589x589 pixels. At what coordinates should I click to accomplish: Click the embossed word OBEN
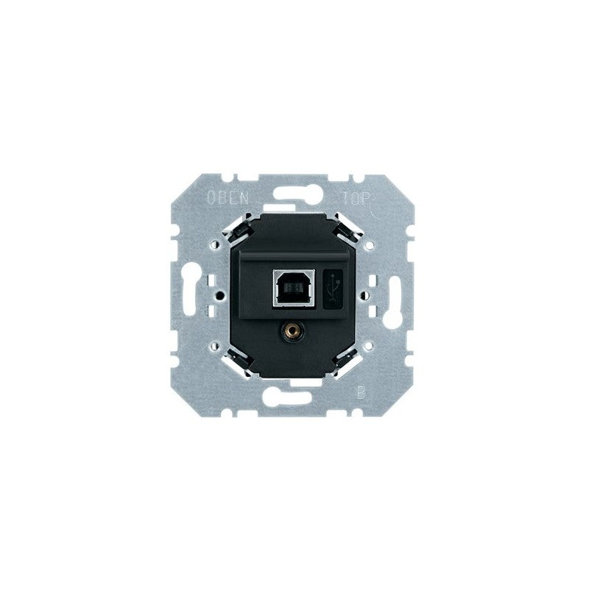(228, 197)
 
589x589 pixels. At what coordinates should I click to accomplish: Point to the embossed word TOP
(356, 197)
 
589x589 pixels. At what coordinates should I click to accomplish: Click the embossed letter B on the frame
(360, 390)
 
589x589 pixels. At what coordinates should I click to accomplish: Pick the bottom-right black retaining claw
(346, 358)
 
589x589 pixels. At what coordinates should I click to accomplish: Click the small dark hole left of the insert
(220, 294)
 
